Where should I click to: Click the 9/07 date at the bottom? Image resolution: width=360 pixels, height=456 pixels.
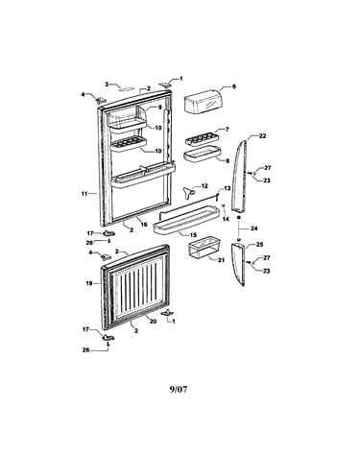click(179, 390)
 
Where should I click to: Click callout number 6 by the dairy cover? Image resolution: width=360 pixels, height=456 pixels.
click(233, 86)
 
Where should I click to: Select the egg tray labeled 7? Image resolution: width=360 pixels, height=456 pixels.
click(201, 139)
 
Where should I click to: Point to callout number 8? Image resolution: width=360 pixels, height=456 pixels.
click(228, 161)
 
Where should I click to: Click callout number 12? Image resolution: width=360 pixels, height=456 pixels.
click(204, 186)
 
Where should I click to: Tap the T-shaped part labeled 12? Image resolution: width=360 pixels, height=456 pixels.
click(189, 192)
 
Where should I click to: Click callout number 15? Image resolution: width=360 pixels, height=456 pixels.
click(193, 235)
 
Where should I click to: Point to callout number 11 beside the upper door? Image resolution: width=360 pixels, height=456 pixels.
click(84, 194)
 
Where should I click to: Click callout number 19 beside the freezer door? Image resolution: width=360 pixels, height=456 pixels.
click(89, 283)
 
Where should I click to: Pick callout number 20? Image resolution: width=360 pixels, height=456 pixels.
click(154, 321)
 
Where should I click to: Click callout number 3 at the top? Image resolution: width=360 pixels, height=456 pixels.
click(107, 84)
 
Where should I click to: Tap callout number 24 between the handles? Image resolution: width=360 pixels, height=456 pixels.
click(254, 228)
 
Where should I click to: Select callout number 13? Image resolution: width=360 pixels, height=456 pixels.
click(227, 188)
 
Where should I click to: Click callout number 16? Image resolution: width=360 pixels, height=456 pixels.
click(144, 225)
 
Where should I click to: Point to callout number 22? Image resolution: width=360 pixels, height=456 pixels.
click(262, 136)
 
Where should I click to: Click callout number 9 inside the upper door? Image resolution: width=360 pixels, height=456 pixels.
click(160, 108)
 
